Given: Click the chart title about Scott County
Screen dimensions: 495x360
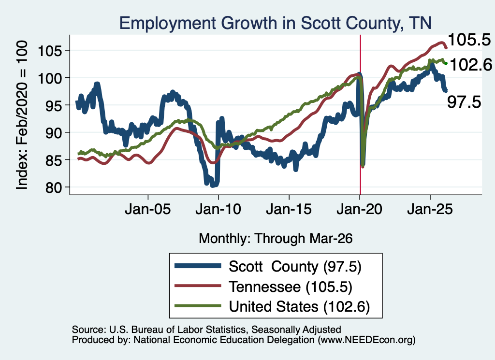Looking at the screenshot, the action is (x=275, y=23).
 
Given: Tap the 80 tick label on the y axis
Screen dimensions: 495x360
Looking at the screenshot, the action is (x=53, y=187).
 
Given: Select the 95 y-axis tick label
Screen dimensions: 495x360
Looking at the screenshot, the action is (x=53, y=105).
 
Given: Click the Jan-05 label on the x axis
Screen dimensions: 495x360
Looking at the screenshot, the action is (x=148, y=209).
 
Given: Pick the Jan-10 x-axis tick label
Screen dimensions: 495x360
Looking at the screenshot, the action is (x=218, y=209).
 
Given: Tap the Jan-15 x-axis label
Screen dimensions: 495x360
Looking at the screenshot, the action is (x=289, y=209).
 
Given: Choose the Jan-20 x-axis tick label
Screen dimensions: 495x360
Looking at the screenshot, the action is (x=359, y=209).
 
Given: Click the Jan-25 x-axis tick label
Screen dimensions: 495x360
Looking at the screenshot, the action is (x=430, y=209).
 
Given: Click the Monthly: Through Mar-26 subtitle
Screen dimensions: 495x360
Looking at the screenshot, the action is (x=276, y=239).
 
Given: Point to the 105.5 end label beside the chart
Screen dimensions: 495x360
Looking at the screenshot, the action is (x=469, y=40).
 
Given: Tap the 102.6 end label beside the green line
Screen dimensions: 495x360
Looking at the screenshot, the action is (x=471, y=65).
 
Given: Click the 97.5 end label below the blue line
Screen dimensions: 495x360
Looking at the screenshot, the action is (x=464, y=102).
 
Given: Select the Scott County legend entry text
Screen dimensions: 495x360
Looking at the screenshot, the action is (x=295, y=267).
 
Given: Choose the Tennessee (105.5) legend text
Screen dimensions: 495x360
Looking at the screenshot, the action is (x=291, y=287).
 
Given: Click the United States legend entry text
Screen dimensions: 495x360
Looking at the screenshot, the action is (x=299, y=307).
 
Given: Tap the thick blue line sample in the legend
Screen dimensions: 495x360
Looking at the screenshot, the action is (x=198, y=266).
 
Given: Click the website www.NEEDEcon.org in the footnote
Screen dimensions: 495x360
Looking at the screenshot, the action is (x=366, y=340).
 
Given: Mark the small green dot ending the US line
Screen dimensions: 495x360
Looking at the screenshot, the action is (x=446, y=63).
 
